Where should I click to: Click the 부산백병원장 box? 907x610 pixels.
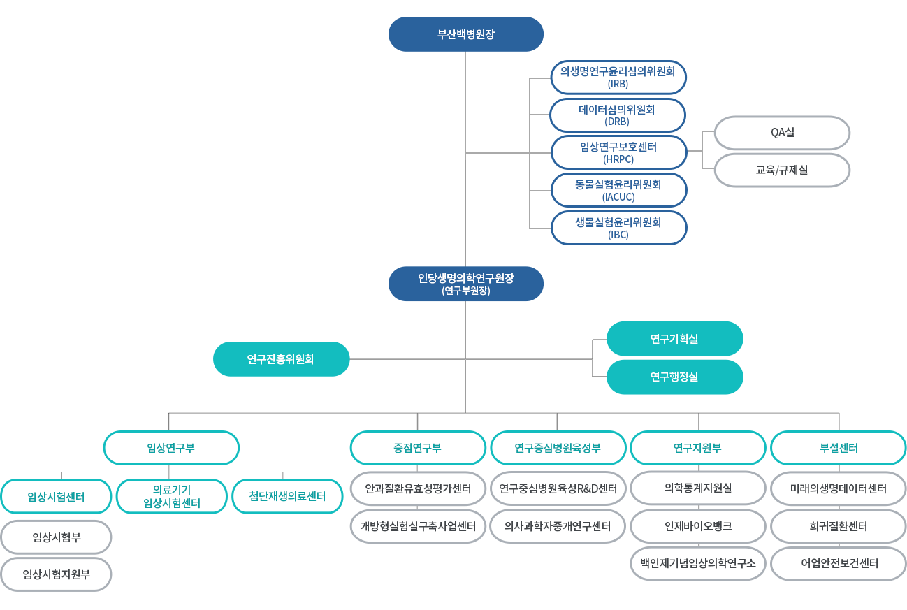click(x=465, y=34)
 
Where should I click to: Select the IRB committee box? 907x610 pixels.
click(x=618, y=77)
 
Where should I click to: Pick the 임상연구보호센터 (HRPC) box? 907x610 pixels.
click(x=618, y=153)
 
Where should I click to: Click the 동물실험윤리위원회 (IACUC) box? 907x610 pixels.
click(x=618, y=191)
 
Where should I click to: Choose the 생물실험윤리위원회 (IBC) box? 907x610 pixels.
click(x=618, y=228)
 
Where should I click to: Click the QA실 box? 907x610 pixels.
click(x=781, y=133)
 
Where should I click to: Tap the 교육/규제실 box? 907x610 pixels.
click(x=781, y=170)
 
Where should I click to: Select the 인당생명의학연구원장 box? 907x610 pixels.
click(x=465, y=284)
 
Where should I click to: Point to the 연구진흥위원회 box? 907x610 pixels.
click(x=281, y=359)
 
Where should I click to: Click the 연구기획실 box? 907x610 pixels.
click(x=674, y=339)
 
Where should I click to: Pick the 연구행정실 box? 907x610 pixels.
click(x=674, y=377)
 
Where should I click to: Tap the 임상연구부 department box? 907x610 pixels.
click(x=171, y=448)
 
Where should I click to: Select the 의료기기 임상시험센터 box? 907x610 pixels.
click(x=171, y=496)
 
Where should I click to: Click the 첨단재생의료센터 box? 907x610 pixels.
click(x=287, y=496)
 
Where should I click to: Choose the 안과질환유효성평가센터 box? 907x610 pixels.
click(x=417, y=488)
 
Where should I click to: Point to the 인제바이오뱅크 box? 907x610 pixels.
click(x=698, y=526)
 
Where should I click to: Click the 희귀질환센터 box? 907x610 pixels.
click(x=838, y=526)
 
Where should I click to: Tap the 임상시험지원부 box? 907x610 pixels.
click(x=56, y=574)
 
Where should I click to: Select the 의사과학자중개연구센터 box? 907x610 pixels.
click(x=558, y=526)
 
